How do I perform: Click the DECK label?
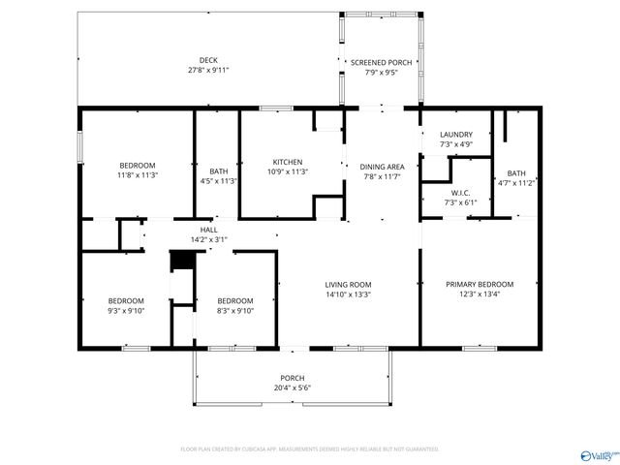(208, 60)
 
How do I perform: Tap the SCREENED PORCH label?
(381, 62)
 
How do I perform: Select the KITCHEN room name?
(288, 162)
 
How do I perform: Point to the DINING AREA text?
(382, 167)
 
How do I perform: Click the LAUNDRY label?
(456, 135)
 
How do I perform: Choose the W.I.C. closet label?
(460, 192)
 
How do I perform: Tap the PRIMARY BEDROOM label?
(480, 284)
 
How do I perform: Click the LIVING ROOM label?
(348, 284)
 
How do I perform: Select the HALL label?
(209, 230)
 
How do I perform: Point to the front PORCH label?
(293, 378)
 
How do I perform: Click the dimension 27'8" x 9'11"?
(208, 71)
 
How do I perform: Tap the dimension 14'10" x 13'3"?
(348, 294)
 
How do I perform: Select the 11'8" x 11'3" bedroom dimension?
(138, 176)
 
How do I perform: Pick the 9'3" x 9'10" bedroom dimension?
(126, 311)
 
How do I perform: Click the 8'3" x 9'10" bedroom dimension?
(234, 311)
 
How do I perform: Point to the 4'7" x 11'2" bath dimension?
(516, 182)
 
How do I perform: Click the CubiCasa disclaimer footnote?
(310, 449)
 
